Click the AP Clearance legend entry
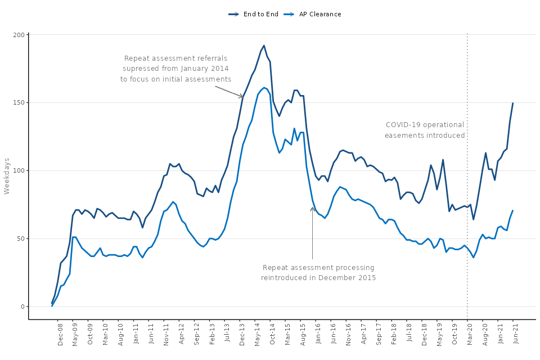pos(318,14)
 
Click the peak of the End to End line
pos(264,46)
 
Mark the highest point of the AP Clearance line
pos(264,88)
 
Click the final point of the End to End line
pos(513,103)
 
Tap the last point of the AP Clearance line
pos(513,210)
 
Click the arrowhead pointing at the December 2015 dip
pos(312,208)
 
